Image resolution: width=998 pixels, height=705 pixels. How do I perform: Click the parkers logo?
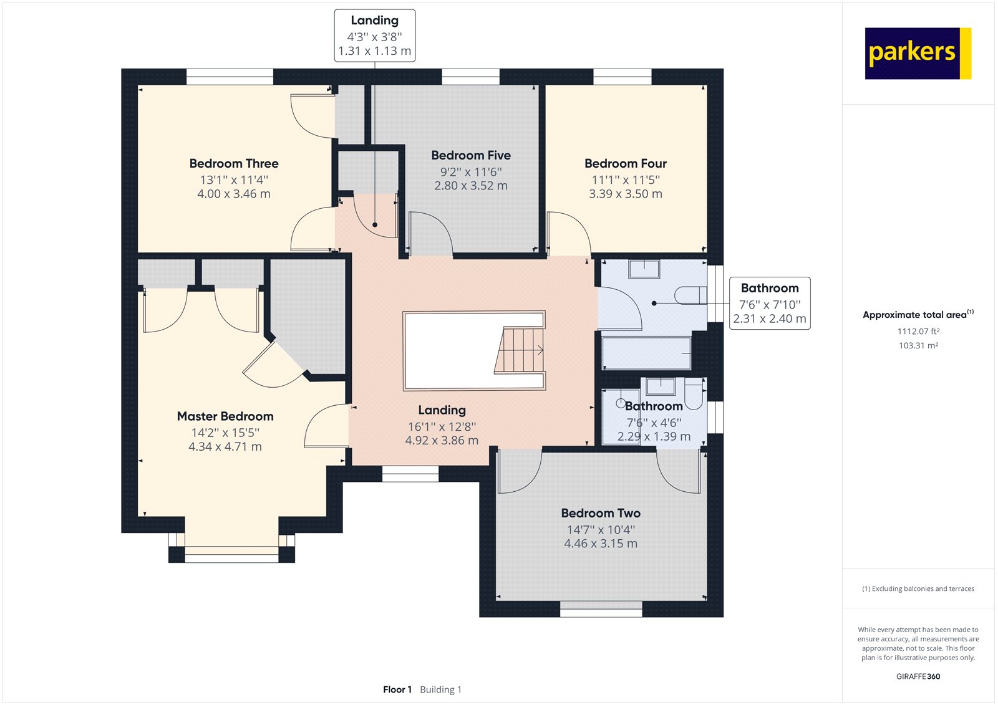918,54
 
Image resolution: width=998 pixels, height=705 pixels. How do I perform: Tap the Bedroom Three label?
234,163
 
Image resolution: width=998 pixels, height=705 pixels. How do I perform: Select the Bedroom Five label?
471,155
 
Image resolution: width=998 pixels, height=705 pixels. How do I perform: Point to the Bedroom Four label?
626,163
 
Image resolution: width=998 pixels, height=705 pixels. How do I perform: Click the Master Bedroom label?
225,416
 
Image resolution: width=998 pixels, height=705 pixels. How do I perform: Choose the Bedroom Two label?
601,513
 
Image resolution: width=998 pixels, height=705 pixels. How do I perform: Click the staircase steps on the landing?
520,350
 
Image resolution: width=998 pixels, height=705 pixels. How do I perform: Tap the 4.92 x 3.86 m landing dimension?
442,441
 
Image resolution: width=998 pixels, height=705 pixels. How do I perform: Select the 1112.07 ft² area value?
918,332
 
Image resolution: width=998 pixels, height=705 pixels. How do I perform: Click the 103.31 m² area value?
918,345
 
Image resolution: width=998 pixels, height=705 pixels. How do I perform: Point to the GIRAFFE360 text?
918,676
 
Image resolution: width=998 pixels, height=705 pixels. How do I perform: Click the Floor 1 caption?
397,689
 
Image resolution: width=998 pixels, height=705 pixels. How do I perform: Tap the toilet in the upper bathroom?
690,295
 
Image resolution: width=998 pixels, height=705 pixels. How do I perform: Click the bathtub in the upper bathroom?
646,353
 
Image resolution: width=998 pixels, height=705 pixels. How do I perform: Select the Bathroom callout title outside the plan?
770,288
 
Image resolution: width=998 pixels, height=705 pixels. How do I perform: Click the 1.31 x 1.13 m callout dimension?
375,51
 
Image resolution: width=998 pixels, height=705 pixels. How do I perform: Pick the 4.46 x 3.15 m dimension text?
601,544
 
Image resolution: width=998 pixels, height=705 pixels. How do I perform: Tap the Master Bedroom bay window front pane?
231,555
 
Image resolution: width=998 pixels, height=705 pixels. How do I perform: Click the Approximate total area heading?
918,314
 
